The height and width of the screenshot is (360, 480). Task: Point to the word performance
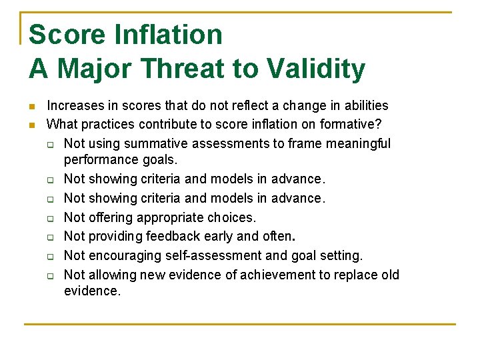coord(98,160)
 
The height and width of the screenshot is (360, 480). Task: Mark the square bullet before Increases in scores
coord(31,106)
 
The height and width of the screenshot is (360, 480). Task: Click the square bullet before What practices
coord(31,125)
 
